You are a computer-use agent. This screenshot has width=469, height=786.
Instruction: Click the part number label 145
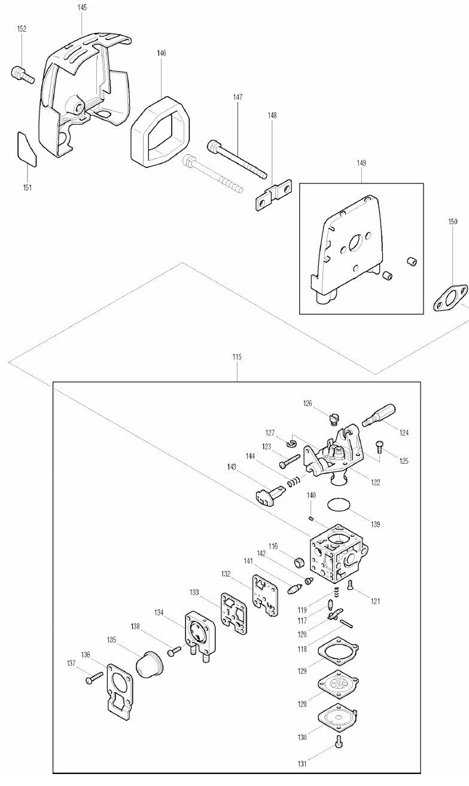[x=82, y=7]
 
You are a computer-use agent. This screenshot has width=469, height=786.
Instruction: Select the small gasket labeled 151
[x=27, y=150]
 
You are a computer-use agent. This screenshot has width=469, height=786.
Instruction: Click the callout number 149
[x=361, y=163]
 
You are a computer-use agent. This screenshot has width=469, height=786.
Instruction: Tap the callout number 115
[x=237, y=357]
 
